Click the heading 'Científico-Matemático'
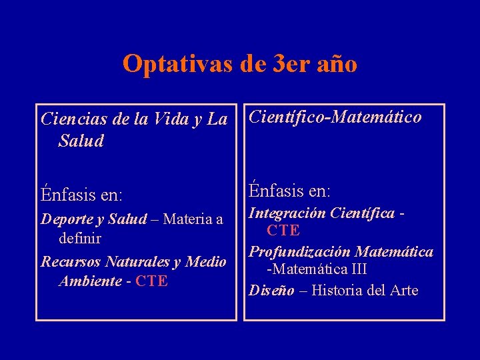coord(335,117)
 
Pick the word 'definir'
coord(80,237)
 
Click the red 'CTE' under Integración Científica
coord(283,231)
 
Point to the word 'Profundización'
coord(300,251)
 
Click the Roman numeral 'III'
coord(355,269)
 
